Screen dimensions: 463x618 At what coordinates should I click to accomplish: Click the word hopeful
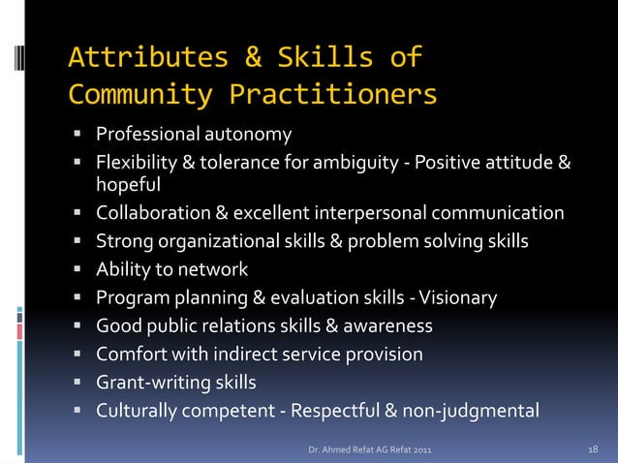point(128,183)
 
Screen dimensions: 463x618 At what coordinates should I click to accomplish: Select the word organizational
point(220,241)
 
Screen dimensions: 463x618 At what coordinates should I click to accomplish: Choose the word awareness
point(387,325)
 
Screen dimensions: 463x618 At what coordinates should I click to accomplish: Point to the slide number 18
point(594,449)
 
